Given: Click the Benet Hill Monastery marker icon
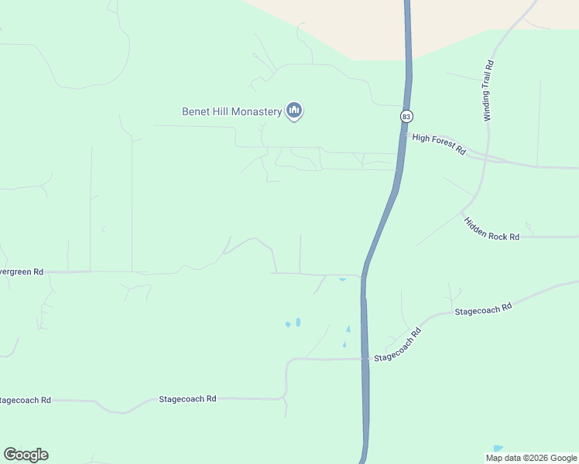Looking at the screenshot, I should click(x=293, y=111).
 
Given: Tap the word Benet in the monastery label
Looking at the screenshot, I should click(x=196, y=111).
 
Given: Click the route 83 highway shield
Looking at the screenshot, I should click(x=406, y=116).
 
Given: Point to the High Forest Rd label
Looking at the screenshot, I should click(x=439, y=143).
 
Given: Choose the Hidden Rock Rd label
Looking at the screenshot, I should click(x=492, y=229).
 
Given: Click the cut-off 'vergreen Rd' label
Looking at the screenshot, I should click(x=22, y=272).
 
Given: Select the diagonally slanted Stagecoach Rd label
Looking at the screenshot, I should click(x=397, y=346).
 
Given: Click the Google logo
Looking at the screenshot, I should click(x=26, y=455).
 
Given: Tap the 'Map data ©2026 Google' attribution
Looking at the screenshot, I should click(x=532, y=458).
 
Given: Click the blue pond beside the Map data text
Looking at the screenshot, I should click(x=497, y=449).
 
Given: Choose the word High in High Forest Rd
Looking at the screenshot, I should click(x=421, y=138).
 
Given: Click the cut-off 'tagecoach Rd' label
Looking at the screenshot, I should click(x=26, y=400).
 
